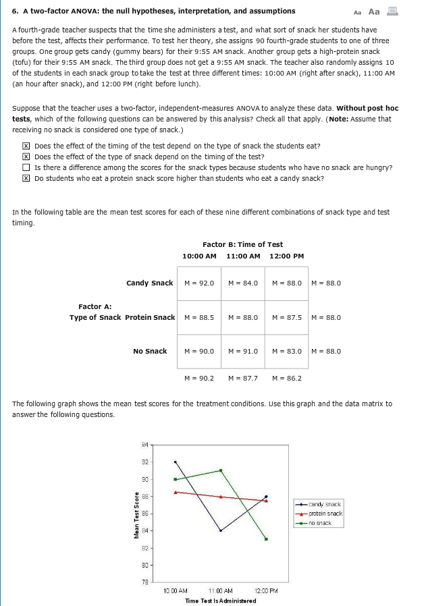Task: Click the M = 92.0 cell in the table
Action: pos(199,283)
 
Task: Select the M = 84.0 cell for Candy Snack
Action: pos(243,283)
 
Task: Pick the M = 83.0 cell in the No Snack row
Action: pos(287,351)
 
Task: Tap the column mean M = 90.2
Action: pos(199,378)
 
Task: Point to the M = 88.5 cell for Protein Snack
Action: pos(199,317)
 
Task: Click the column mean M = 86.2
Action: pos(287,378)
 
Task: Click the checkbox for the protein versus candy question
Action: pos(25,178)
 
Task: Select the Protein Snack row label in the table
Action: pos(150,317)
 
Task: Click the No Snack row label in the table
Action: pos(150,351)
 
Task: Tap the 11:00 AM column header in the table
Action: pos(243,256)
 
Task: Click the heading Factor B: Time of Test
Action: pos(242,244)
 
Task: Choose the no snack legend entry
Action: pos(320,522)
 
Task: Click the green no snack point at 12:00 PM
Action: pos(267,539)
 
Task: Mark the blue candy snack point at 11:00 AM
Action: pos(221,530)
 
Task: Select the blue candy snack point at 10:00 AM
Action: pos(175,462)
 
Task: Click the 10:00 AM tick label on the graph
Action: pos(175,590)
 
